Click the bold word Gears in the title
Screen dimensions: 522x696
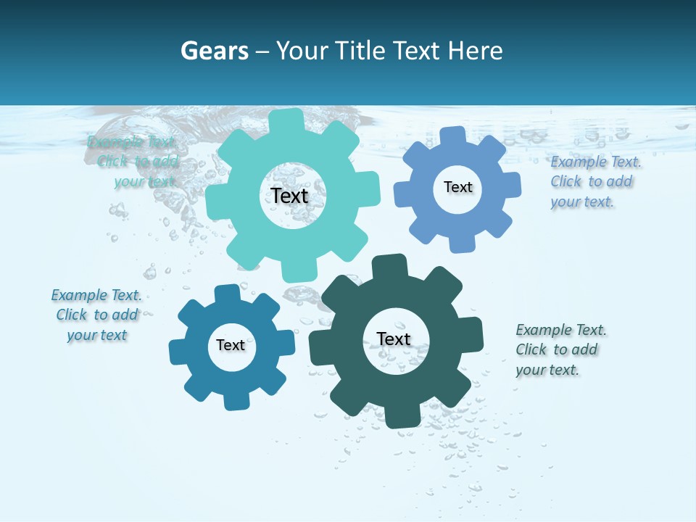214,51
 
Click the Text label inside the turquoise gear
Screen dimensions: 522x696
289,196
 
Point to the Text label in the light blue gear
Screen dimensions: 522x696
457,187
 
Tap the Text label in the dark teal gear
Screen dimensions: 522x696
394,339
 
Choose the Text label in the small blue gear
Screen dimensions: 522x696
231,345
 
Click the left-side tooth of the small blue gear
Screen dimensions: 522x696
178,352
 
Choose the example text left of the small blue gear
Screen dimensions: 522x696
96,315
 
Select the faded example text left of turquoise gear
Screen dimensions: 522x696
135,162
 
